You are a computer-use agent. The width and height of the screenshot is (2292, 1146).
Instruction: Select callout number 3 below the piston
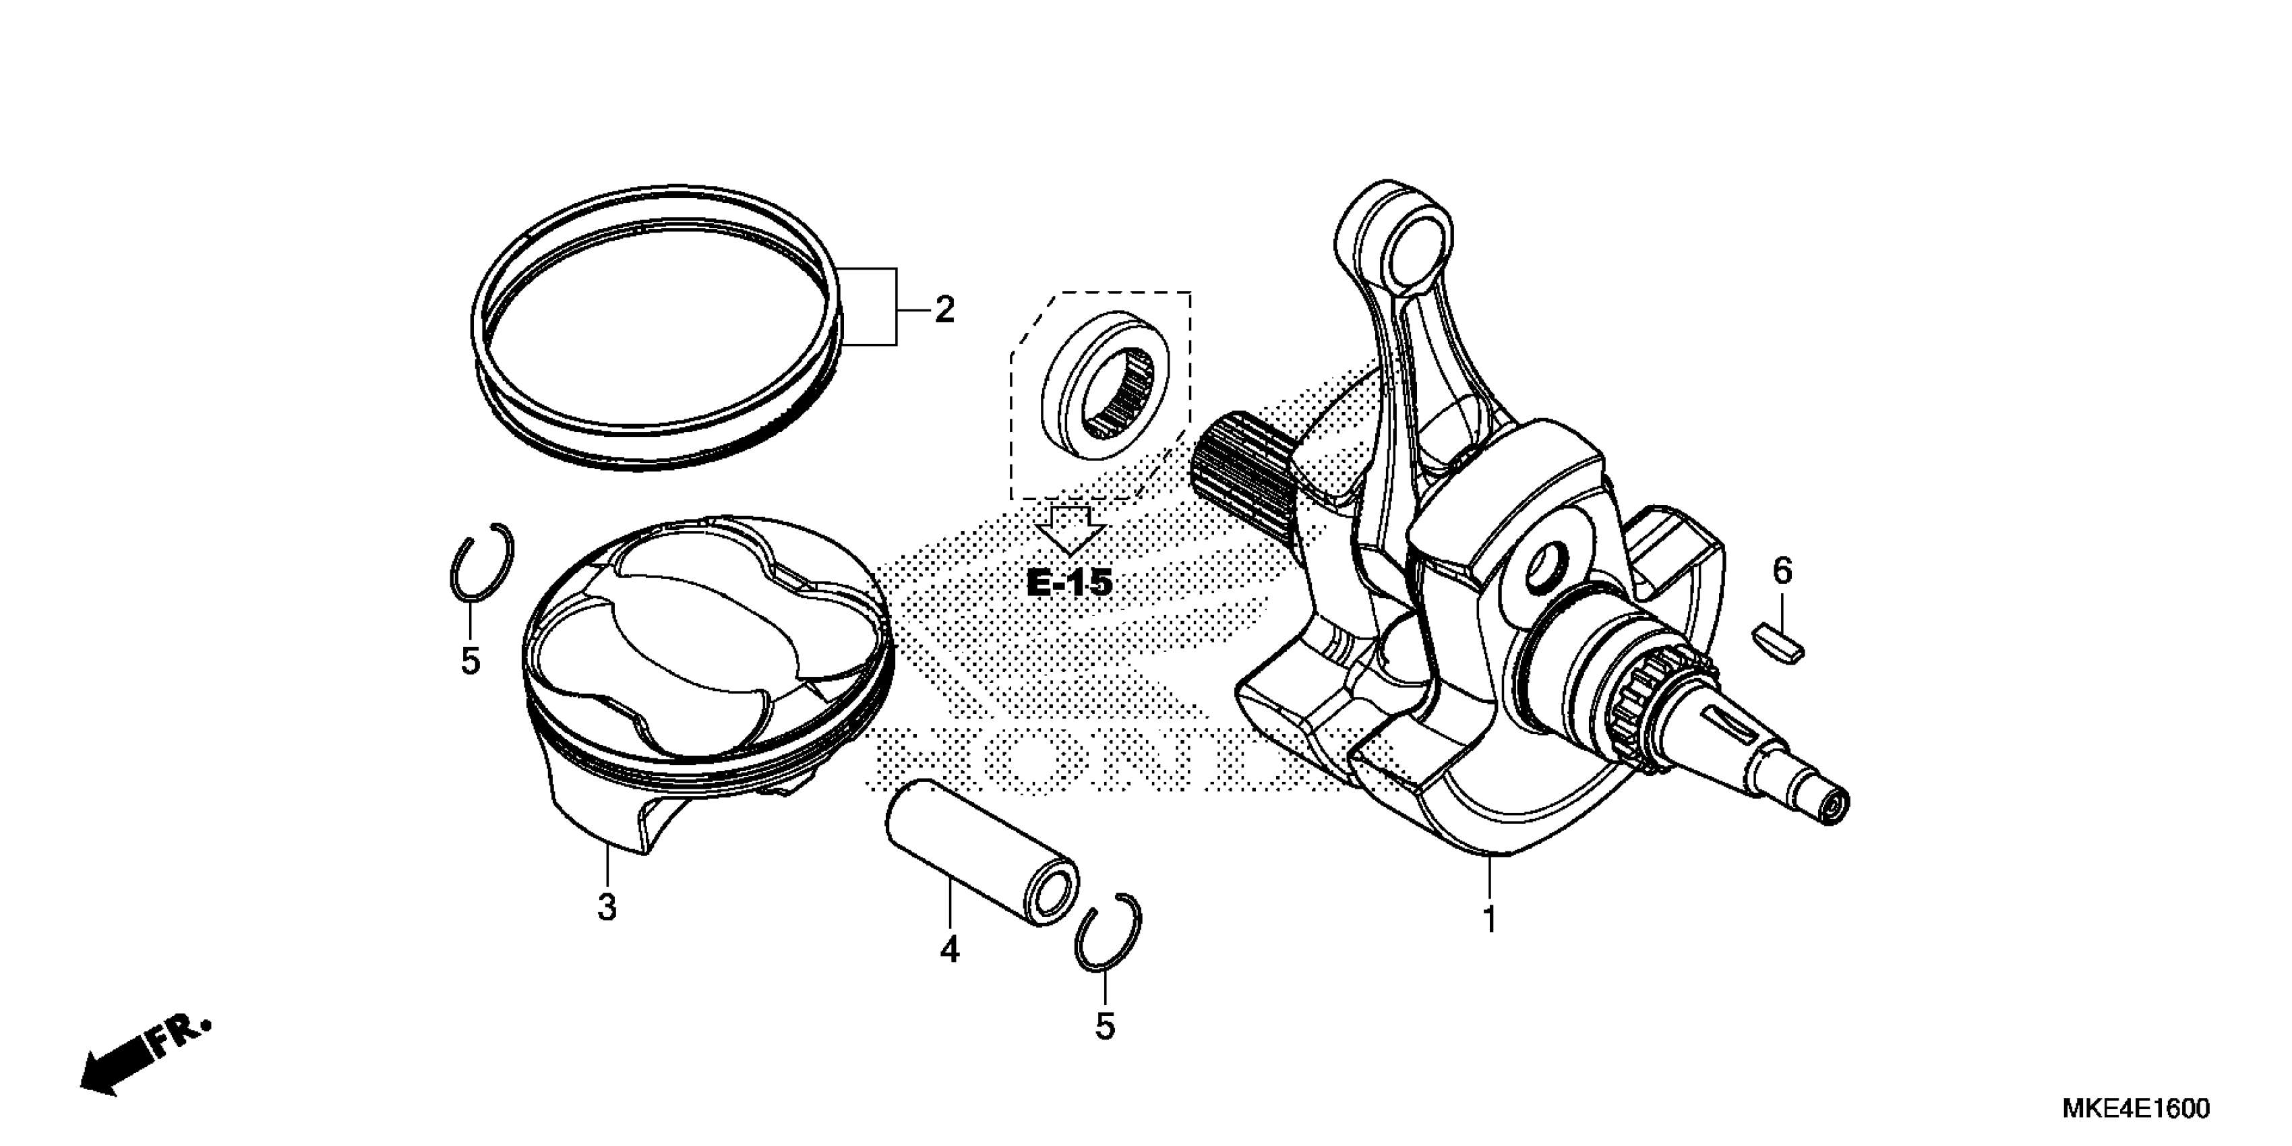point(607,907)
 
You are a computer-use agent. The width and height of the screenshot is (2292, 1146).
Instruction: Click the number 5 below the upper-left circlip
point(471,661)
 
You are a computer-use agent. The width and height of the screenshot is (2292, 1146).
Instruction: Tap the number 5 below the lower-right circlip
point(1104,1026)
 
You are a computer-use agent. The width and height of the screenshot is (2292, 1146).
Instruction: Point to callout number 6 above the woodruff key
point(1782,571)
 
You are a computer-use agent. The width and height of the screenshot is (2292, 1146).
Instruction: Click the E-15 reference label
point(1069,584)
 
